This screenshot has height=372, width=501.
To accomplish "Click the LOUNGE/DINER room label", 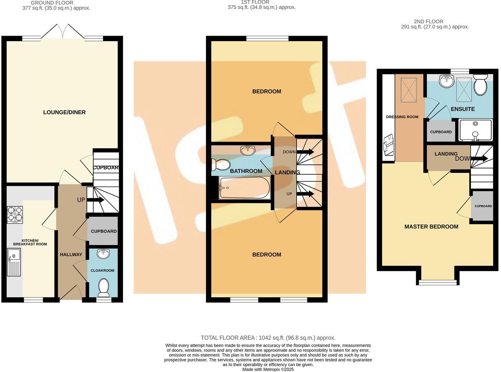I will coord(64,112).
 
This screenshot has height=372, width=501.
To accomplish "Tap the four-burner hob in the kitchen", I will coord(15,214).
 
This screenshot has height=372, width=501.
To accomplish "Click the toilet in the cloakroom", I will coord(103,287).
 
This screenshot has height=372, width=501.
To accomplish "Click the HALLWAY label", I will coord(71,254).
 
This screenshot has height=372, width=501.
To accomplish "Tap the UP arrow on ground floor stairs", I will coord(95,200).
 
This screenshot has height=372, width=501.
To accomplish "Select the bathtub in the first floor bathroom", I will coord(245,188).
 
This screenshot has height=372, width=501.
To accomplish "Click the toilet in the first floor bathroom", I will coord(221,164).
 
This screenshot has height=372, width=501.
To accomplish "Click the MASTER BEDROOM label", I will coord(431,227).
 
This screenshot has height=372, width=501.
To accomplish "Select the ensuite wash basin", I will coord(447,81).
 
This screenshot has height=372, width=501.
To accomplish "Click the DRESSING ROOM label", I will coord(402,117).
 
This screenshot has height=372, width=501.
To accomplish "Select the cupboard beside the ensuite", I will coord(441,132).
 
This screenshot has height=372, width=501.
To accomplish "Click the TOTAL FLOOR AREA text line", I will coord(268,338).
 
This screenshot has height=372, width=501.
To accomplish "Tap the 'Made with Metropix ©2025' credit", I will coord(268,369).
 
